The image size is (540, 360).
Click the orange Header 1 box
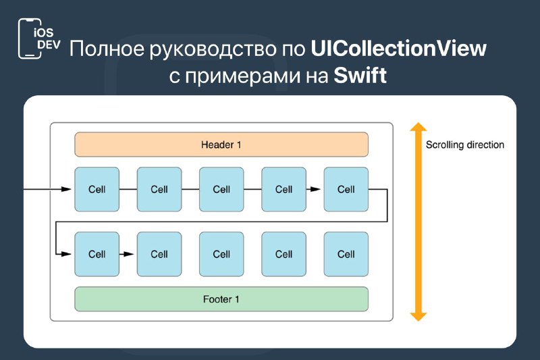(x=221, y=145)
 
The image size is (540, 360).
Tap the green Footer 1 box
(x=221, y=299)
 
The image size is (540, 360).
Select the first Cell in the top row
(x=97, y=190)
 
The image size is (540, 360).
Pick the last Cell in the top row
(x=346, y=190)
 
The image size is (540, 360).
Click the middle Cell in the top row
(x=221, y=190)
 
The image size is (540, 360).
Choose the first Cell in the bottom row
(x=97, y=254)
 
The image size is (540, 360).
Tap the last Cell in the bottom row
(x=346, y=254)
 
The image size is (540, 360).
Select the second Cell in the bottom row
(x=159, y=254)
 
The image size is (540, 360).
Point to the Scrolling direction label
(x=465, y=145)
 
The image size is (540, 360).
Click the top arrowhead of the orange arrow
(x=418, y=126)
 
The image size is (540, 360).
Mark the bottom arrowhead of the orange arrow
(x=418, y=317)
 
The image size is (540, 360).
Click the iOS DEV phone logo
(x=39, y=38)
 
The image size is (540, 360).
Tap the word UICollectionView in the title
(x=398, y=48)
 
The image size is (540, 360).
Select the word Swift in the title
(x=360, y=75)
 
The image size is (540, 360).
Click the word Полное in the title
(x=107, y=49)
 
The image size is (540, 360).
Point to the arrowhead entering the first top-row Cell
(x=65, y=189)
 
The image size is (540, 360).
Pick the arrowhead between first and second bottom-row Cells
(x=128, y=254)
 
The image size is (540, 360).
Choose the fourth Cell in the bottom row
(x=283, y=254)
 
